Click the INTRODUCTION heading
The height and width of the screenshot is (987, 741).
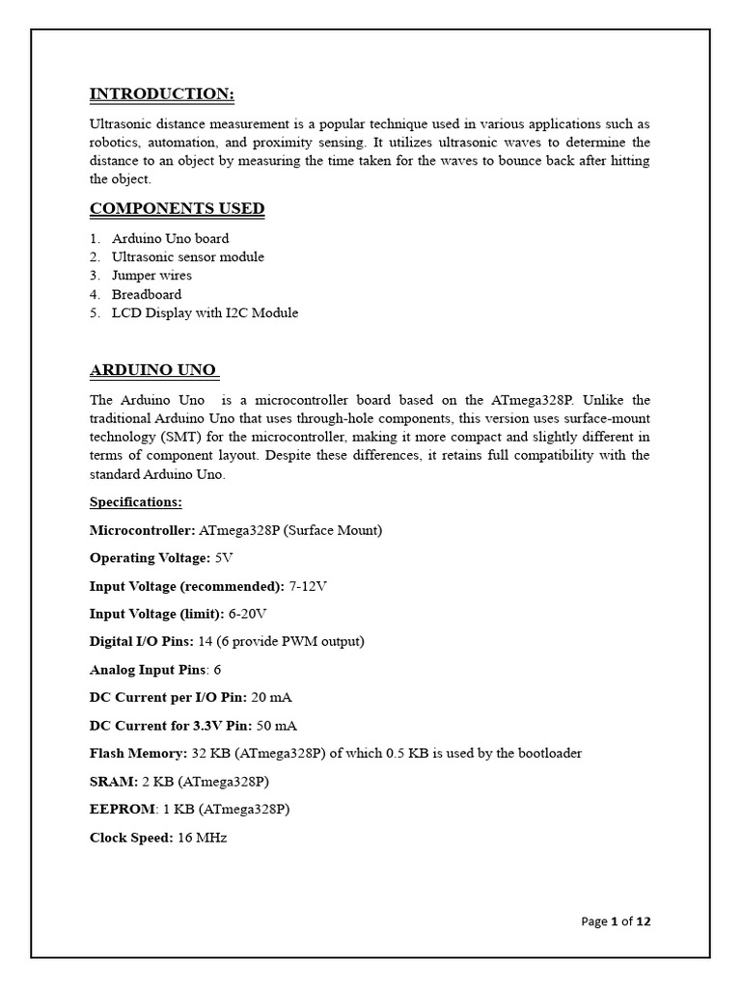(161, 93)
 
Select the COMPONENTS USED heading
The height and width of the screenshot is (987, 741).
(177, 209)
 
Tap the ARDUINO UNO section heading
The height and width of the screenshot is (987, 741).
(154, 370)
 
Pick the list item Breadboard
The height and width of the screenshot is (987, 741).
(147, 294)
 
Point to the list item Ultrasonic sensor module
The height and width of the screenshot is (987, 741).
(187, 257)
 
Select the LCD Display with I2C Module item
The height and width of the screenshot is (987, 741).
(205, 313)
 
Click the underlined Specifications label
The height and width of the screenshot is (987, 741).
(135, 502)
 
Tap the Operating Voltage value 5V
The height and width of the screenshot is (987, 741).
(224, 558)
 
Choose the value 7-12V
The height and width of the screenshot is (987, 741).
(307, 586)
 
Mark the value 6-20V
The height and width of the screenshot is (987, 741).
(248, 614)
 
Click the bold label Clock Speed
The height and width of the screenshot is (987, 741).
(131, 838)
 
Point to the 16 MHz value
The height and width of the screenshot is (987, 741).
(203, 838)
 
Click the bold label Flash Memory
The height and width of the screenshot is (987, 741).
(137, 754)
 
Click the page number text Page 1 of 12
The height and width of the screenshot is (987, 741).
(616, 921)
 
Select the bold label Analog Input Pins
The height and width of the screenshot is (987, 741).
(148, 670)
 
